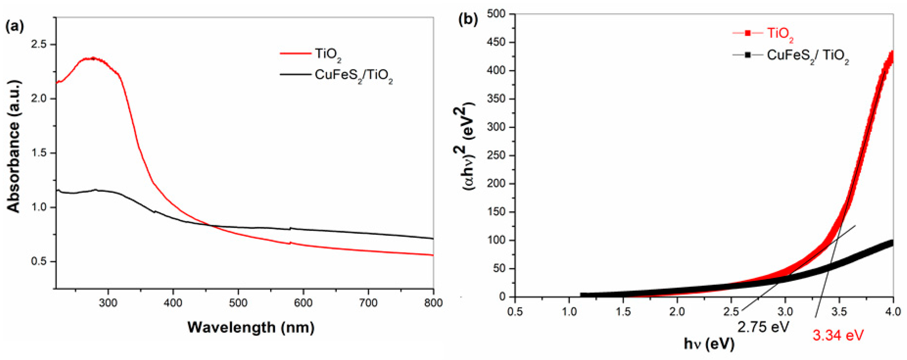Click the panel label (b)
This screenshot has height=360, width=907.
click(x=468, y=19)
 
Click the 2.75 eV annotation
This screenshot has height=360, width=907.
click(x=763, y=327)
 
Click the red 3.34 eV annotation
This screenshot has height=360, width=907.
click(x=838, y=335)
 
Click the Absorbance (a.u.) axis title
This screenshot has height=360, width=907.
click(x=14, y=146)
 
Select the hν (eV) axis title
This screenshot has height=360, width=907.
click(x=709, y=343)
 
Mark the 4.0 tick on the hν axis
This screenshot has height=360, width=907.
click(x=893, y=311)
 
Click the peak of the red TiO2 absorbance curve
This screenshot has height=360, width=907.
click(x=93, y=58)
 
